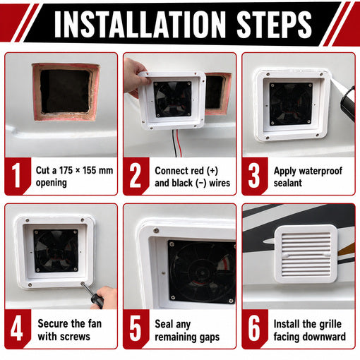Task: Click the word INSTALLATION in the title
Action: (x=140, y=24)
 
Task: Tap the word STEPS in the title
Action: (x=274, y=24)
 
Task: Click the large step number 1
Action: (x=16, y=176)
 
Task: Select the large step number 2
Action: (x=135, y=176)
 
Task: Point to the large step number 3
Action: (x=254, y=176)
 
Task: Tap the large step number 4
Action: (x=17, y=328)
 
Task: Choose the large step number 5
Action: (x=136, y=328)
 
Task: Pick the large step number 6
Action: (x=254, y=328)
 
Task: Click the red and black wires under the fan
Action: (x=176, y=143)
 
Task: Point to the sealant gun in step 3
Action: (x=348, y=103)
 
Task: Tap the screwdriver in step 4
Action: (x=92, y=296)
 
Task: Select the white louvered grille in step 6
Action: (x=306, y=254)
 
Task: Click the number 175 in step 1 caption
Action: (x=66, y=170)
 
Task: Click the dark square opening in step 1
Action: (x=65, y=91)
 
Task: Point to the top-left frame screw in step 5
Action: (x=155, y=230)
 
